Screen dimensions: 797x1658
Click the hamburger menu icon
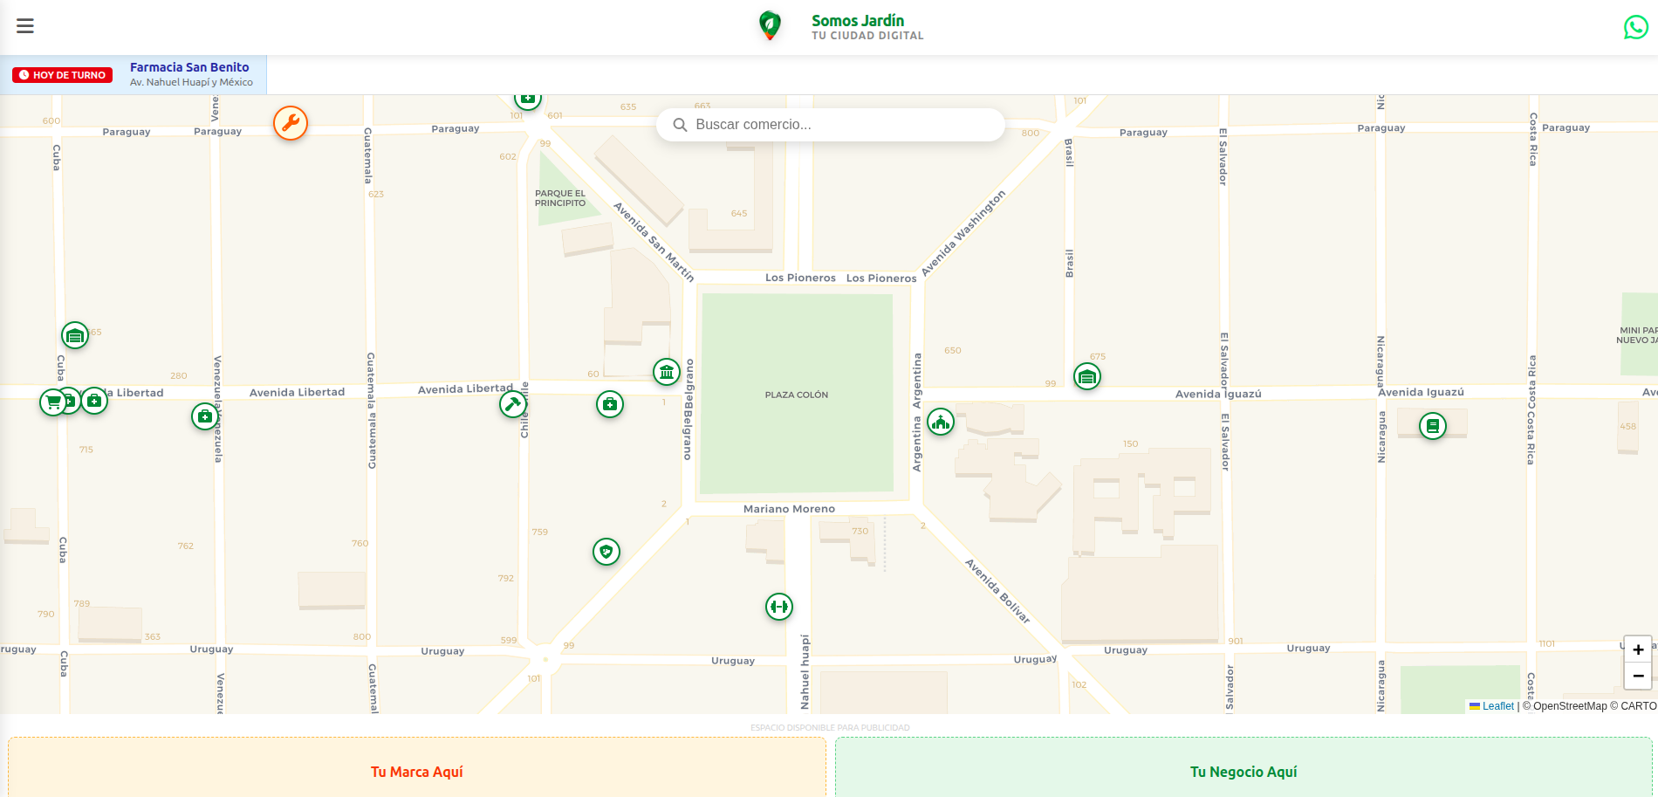click(25, 26)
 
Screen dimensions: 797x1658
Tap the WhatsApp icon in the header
click(1635, 28)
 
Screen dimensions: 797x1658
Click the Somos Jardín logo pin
click(769, 25)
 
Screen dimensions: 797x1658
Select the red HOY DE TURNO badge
click(63, 75)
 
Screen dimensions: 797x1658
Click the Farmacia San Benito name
click(189, 67)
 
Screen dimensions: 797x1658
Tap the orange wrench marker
click(291, 123)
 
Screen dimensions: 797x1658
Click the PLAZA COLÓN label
click(796, 395)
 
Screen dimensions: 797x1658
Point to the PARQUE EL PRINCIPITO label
click(560, 198)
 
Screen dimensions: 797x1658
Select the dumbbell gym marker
click(779, 606)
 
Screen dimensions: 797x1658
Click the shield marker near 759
click(606, 552)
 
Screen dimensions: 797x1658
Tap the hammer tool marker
click(513, 404)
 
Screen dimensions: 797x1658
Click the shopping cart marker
click(53, 402)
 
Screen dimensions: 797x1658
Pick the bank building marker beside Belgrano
click(667, 372)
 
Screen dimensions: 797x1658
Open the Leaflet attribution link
click(1497, 706)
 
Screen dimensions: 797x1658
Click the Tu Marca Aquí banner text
click(416, 772)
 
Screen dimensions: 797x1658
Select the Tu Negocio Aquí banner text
click(1243, 772)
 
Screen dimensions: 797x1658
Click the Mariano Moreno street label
click(789, 509)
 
